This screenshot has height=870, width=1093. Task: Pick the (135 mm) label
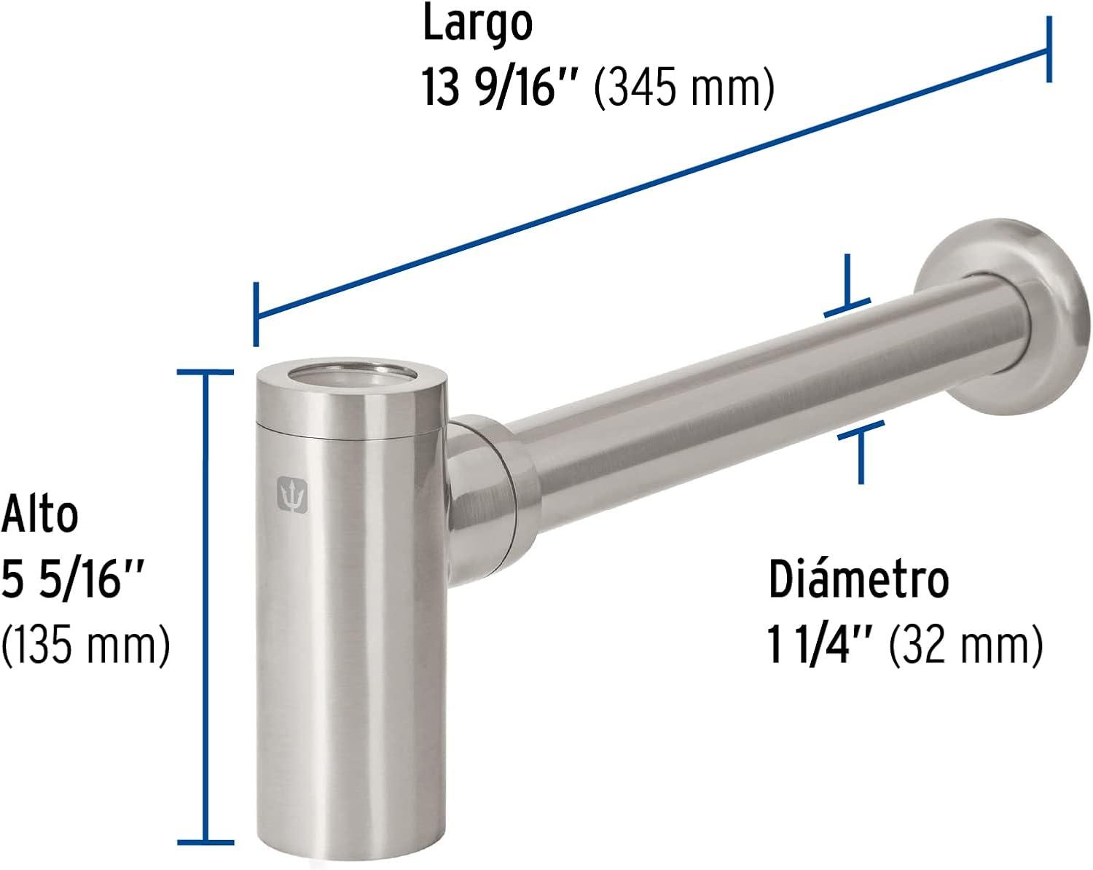click(x=85, y=645)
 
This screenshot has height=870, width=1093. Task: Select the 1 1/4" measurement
click(x=819, y=644)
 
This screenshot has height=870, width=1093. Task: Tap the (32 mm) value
click(x=966, y=645)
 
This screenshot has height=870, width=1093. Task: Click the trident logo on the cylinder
click(x=292, y=495)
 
